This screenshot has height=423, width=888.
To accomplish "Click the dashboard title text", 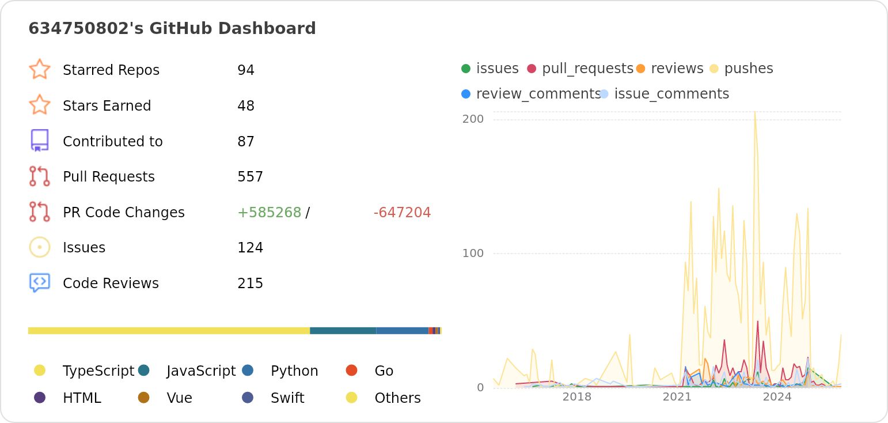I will (172, 28).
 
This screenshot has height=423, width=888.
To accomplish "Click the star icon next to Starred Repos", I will (40, 69).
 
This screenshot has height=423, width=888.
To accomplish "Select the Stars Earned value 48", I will (246, 106).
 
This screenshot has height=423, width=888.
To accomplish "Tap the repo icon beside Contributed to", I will (40, 141).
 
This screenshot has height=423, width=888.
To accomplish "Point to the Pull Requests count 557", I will (250, 177).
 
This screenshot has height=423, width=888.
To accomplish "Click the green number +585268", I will (269, 213).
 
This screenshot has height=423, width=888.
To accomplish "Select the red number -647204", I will (402, 213).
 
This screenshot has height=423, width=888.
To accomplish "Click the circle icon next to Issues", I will (40, 247).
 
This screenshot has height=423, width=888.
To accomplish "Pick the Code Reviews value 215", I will (250, 284).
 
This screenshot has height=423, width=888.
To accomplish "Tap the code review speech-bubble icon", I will (40, 282).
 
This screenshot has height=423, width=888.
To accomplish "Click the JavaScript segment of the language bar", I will (343, 331).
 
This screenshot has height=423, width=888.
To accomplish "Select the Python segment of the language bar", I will (402, 331).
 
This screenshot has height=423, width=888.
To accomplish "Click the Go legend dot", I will (351, 371).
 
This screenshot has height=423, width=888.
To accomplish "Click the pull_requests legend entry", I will (587, 69).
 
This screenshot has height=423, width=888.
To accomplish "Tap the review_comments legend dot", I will (466, 94).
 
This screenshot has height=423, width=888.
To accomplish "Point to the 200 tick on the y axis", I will (473, 119).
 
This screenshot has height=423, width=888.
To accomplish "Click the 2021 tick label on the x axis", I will (677, 397).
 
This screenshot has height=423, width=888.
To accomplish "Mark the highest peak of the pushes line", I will (755, 112).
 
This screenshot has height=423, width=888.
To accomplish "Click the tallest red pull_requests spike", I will (758, 321).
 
